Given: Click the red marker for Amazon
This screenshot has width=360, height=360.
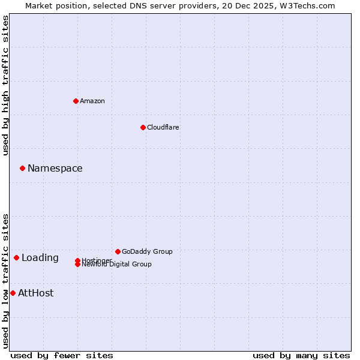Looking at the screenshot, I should pyautogui.click(x=76, y=101).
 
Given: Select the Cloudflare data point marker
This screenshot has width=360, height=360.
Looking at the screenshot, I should pyautogui.click(x=143, y=127).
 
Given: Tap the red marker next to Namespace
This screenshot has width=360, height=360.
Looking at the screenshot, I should pyautogui.click(x=22, y=168).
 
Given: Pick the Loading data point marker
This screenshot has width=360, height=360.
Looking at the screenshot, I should pyautogui.click(x=16, y=257).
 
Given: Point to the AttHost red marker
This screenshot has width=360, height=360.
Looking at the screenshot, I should pyautogui.click(x=13, y=293).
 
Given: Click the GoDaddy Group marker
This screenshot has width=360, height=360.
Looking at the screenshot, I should pyautogui.click(x=118, y=251).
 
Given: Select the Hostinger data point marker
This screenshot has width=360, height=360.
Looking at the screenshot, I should pyautogui.click(x=77, y=260).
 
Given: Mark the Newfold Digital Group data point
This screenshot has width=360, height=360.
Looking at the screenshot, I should pyautogui.click(x=77, y=265).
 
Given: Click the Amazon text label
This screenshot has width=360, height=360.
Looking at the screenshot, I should pyautogui.click(x=92, y=101).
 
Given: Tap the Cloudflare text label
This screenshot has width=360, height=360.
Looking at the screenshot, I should pyautogui.click(x=163, y=127).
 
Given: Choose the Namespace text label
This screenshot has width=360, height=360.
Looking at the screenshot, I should pyautogui.click(x=55, y=168).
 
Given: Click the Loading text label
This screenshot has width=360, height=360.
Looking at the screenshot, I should pyautogui.click(x=40, y=257).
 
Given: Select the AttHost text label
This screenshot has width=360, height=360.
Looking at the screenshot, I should pyautogui.click(x=36, y=293).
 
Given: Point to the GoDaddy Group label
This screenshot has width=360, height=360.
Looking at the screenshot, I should pyautogui.click(x=147, y=251).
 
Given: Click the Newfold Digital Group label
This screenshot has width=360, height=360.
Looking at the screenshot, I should pyautogui.click(x=117, y=265).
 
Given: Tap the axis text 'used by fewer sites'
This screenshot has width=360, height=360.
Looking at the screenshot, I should pyautogui.click(x=62, y=355).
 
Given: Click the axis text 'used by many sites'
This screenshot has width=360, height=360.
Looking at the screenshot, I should pyautogui.click(x=301, y=355).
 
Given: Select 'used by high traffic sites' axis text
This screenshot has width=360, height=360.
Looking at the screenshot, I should pyautogui.click(x=5, y=85).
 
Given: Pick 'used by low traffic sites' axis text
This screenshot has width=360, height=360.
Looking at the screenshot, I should pyautogui.click(x=5, y=280).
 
